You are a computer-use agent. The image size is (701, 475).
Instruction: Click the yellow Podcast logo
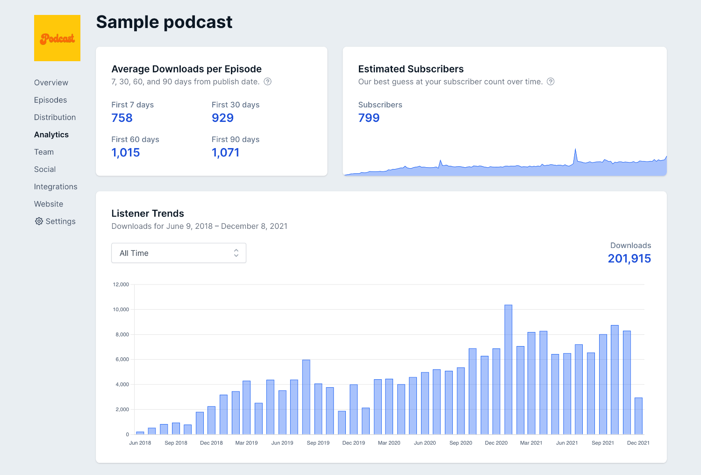pos(57,38)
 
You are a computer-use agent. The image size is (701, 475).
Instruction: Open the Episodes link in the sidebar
pos(50,100)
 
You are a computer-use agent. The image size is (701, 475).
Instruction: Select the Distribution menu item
pos(55,117)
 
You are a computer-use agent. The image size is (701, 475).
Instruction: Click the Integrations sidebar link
pos(56,187)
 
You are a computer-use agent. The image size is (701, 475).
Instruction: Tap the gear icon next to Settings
pos(39,221)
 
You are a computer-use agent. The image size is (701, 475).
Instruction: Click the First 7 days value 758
pos(122,118)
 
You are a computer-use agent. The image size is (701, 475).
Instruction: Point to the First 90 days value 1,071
pos(225,153)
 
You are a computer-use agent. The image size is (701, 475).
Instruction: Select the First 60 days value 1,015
pos(126,153)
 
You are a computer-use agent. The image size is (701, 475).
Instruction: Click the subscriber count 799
pos(369,118)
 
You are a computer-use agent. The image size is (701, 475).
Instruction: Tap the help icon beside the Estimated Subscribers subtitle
pos(551,82)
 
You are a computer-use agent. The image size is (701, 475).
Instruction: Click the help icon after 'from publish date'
pos(267,82)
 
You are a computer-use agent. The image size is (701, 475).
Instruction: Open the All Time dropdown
pos(179,253)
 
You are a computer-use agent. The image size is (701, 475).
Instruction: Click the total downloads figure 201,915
pos(629,259)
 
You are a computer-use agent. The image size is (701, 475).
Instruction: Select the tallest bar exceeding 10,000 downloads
pos(508,369)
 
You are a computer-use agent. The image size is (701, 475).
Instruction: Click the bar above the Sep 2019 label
pos(306,397)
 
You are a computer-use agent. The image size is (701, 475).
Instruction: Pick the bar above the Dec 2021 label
pos(638,416)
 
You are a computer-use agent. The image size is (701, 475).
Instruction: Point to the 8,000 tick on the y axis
pos(122,334)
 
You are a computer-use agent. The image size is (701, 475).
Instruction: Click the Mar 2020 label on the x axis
pos(389,443)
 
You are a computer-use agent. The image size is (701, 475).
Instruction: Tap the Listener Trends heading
pos(148,213)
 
